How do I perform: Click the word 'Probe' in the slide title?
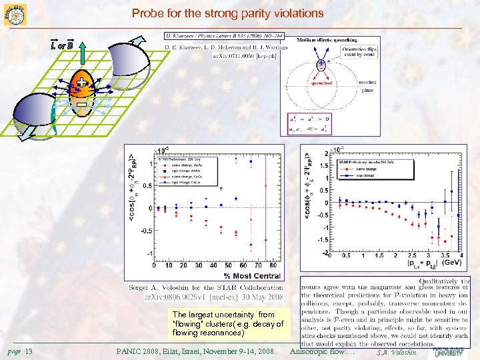click(x=146, y=13)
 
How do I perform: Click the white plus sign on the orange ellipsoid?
click(x=81, y=83)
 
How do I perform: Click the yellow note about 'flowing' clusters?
click(x=227, y=323)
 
